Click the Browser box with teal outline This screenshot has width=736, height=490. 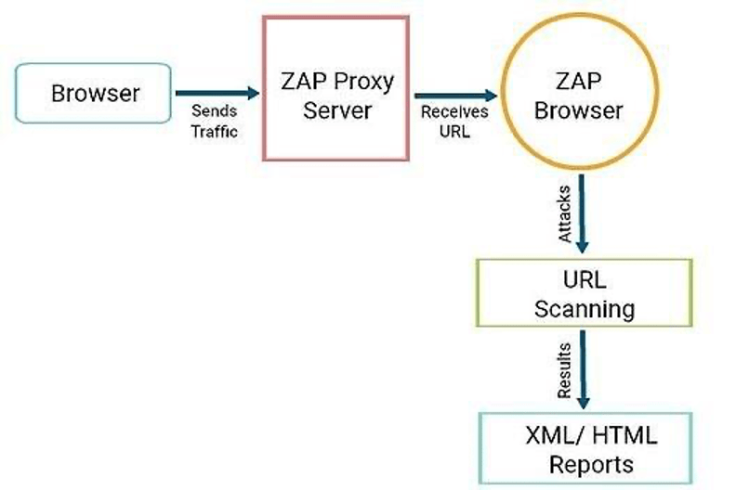[96, 93]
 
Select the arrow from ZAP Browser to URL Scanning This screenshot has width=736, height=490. [582, 213]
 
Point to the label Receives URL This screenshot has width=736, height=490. [451, 122]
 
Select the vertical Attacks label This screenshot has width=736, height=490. [564, 213]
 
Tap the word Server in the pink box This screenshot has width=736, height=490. [337, 110]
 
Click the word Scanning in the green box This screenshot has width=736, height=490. [585, 307]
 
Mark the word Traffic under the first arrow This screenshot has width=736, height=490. [215, 132]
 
